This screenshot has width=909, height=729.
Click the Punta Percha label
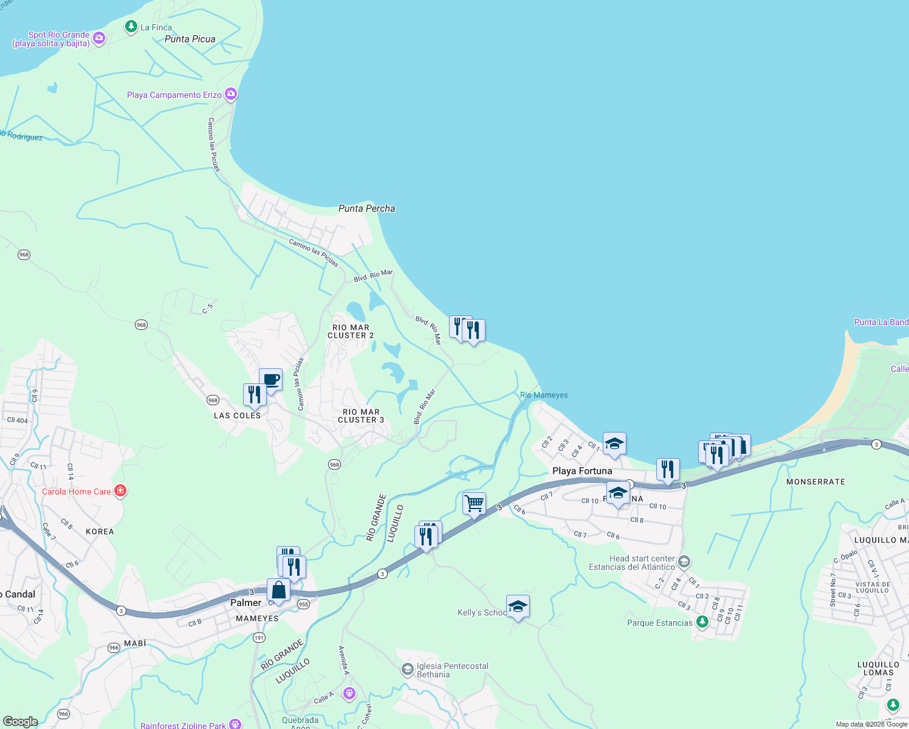(x=366, y=208)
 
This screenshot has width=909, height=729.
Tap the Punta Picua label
(x=190, y=39)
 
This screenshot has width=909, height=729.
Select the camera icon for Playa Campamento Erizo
(x=230, y=94)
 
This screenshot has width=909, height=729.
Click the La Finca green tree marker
(x=131, y=26)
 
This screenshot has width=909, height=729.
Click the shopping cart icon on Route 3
(x=474, y=503)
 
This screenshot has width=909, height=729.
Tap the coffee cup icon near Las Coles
(x=271, y=380)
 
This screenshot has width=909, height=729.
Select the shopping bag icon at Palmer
(x=278, y=590)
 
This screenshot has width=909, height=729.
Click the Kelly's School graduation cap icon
(x=518, y=606)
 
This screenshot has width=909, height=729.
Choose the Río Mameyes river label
(x=544, y=395)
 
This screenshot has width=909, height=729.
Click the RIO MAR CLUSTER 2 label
(x=351, y=331)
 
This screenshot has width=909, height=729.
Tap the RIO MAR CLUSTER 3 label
(x=361, y=416)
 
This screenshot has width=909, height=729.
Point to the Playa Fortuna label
(x=582, y=471)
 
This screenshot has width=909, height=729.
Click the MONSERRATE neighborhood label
(x=815, y=482)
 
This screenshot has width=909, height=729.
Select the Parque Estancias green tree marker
(x=702, y=621)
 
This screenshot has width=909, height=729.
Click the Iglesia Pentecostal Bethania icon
(x=407, y=669)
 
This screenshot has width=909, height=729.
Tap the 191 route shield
(x=259, y=637)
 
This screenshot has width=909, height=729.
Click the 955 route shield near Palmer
(x=303, y=604)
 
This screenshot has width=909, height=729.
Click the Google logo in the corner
(x=21, y=722)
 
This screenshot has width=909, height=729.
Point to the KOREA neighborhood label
(x=100, y=532)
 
